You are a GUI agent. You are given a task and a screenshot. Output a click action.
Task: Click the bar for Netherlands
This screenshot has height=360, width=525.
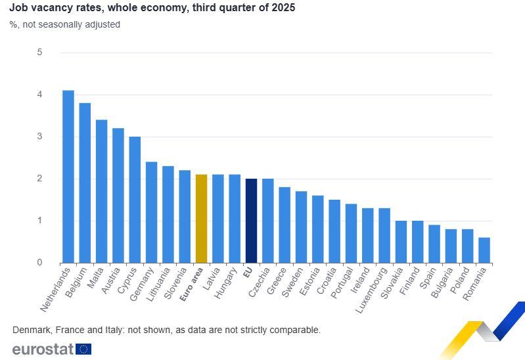68,177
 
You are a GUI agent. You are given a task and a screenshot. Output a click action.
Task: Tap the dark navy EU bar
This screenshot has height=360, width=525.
251,221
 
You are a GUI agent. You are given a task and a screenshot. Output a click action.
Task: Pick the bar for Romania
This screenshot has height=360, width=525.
484,250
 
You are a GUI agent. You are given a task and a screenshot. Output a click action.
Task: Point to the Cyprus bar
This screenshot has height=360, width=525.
135,200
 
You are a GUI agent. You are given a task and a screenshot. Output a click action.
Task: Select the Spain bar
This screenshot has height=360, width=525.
434,244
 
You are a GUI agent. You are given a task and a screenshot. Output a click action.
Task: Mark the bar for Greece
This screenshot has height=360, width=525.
285,225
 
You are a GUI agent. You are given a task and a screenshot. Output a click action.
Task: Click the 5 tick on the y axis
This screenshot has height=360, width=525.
39,53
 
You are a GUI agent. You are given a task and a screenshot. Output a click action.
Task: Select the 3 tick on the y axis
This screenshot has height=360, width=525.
39,137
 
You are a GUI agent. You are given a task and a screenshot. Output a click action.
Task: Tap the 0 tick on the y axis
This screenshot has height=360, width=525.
39,263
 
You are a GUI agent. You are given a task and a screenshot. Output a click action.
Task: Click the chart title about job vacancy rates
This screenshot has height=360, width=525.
152,9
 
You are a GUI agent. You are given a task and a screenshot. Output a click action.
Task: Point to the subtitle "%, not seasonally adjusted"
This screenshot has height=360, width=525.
64,24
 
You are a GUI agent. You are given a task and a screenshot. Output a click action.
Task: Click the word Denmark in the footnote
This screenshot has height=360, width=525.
31,330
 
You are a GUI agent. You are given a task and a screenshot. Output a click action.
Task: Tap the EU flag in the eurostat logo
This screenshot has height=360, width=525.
84,349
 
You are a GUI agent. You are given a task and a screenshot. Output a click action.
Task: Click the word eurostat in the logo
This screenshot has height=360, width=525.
43,349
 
